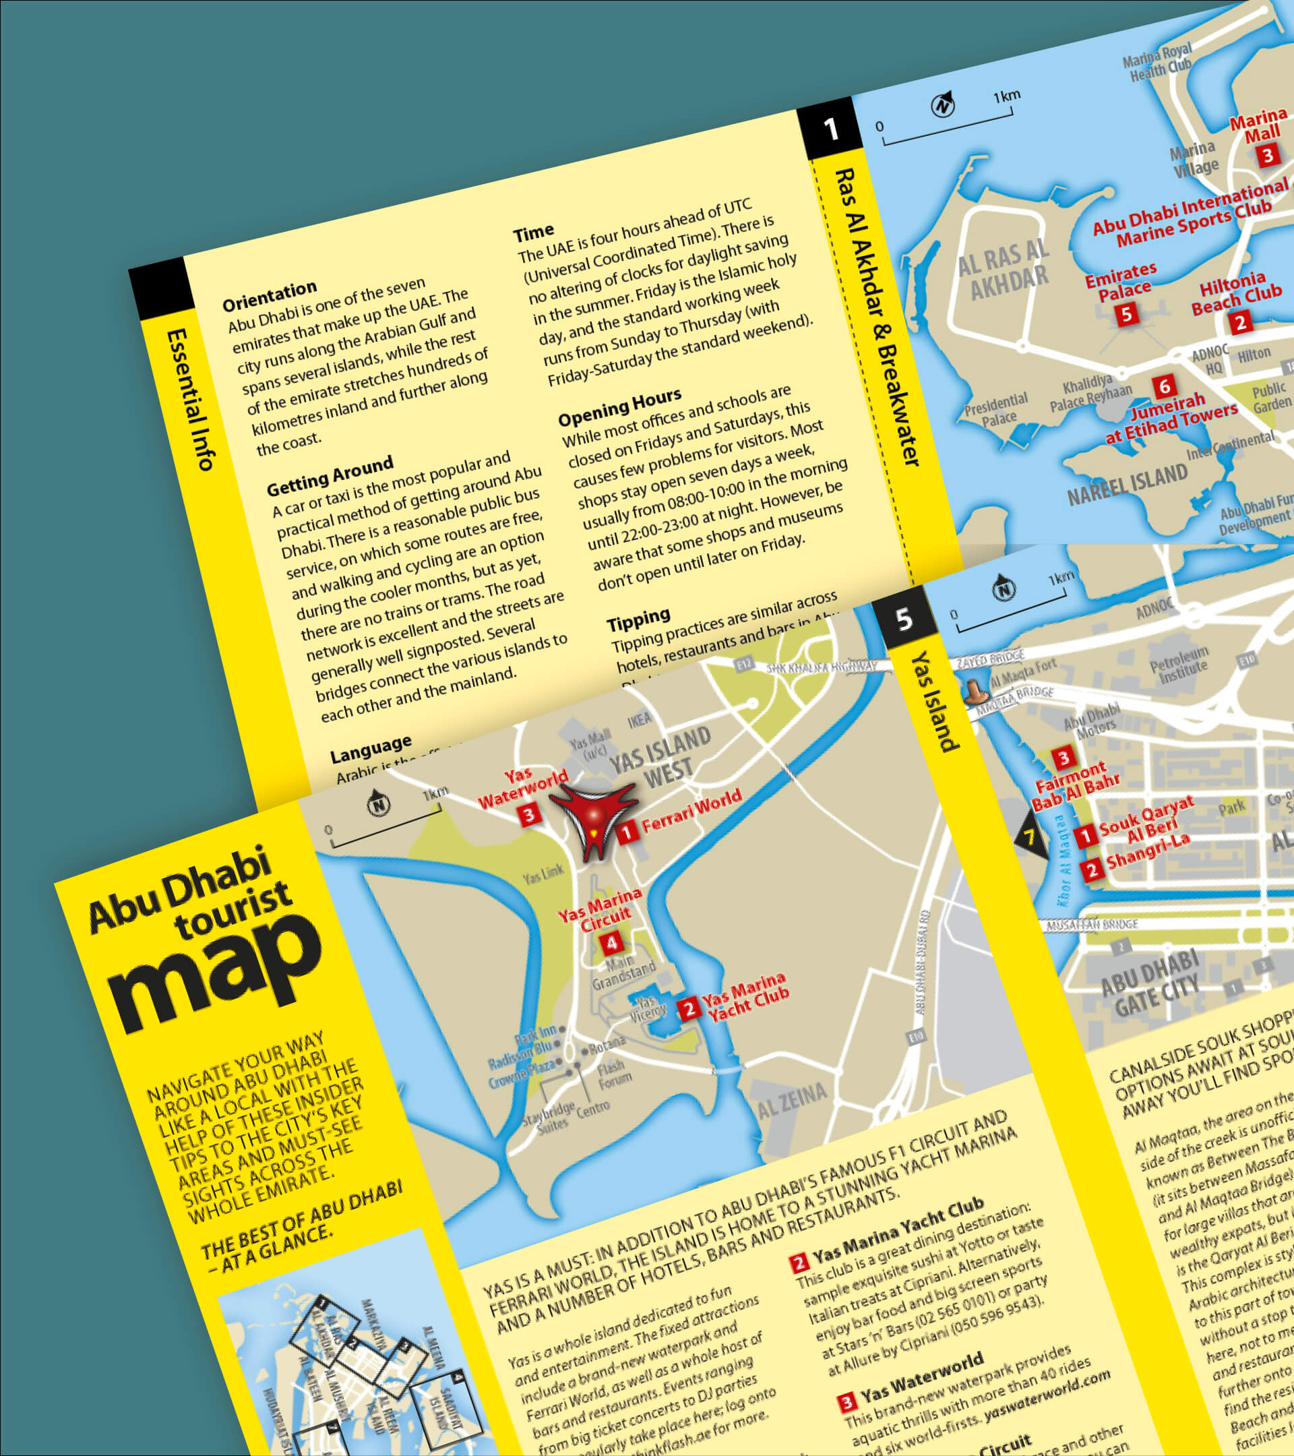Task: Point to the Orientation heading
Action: (x=269, y=296)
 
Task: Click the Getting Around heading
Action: (x=330, y=477)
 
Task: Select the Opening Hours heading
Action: (x=619, y=406)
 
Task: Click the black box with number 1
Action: (x=830, y=130)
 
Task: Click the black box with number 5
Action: (x=904, y=618)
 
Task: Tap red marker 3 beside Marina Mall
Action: (x=1268, y=154)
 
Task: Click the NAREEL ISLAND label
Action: (x=1128, y=484)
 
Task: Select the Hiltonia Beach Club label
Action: (x=1236, y=292)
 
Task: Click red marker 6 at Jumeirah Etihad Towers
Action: (x=1164, y=387)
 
